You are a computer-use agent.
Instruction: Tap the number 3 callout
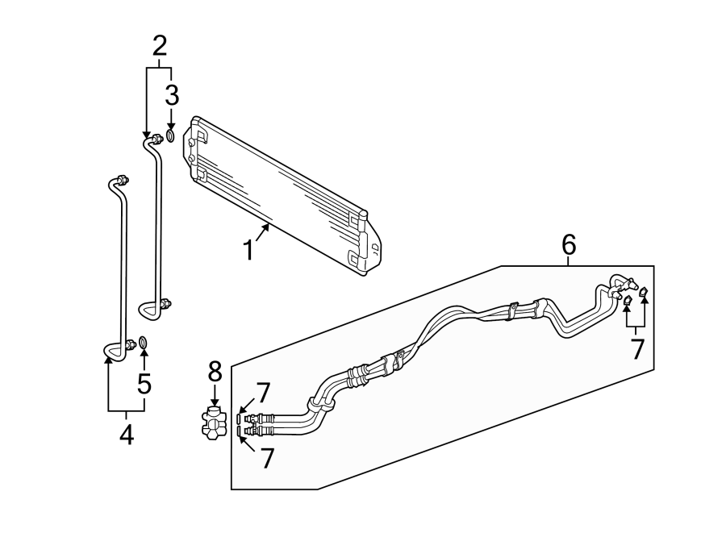[x=171, y=95]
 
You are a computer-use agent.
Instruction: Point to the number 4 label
[x=126, y=435]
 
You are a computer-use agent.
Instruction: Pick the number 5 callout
[x=144, y=383]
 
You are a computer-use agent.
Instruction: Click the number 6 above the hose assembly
[x=569, y=244]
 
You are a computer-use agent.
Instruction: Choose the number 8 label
[x=215, y=372]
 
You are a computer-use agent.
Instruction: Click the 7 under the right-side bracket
[x=637, y=350]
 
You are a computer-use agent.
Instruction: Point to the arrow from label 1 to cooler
[x=264, y=233]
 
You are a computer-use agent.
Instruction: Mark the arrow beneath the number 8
[x=215, y=398]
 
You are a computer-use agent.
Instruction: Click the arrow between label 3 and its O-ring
[x=171, y=119]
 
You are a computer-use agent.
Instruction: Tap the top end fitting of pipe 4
[x=120, y=179]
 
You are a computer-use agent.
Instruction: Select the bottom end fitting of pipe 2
[x=166, y=304]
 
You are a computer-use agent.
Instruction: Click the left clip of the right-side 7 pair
[x=627, y=302]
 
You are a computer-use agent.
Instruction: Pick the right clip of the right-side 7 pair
[x=643, y=295]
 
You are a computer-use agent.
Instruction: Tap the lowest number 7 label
[x=266, y=459]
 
